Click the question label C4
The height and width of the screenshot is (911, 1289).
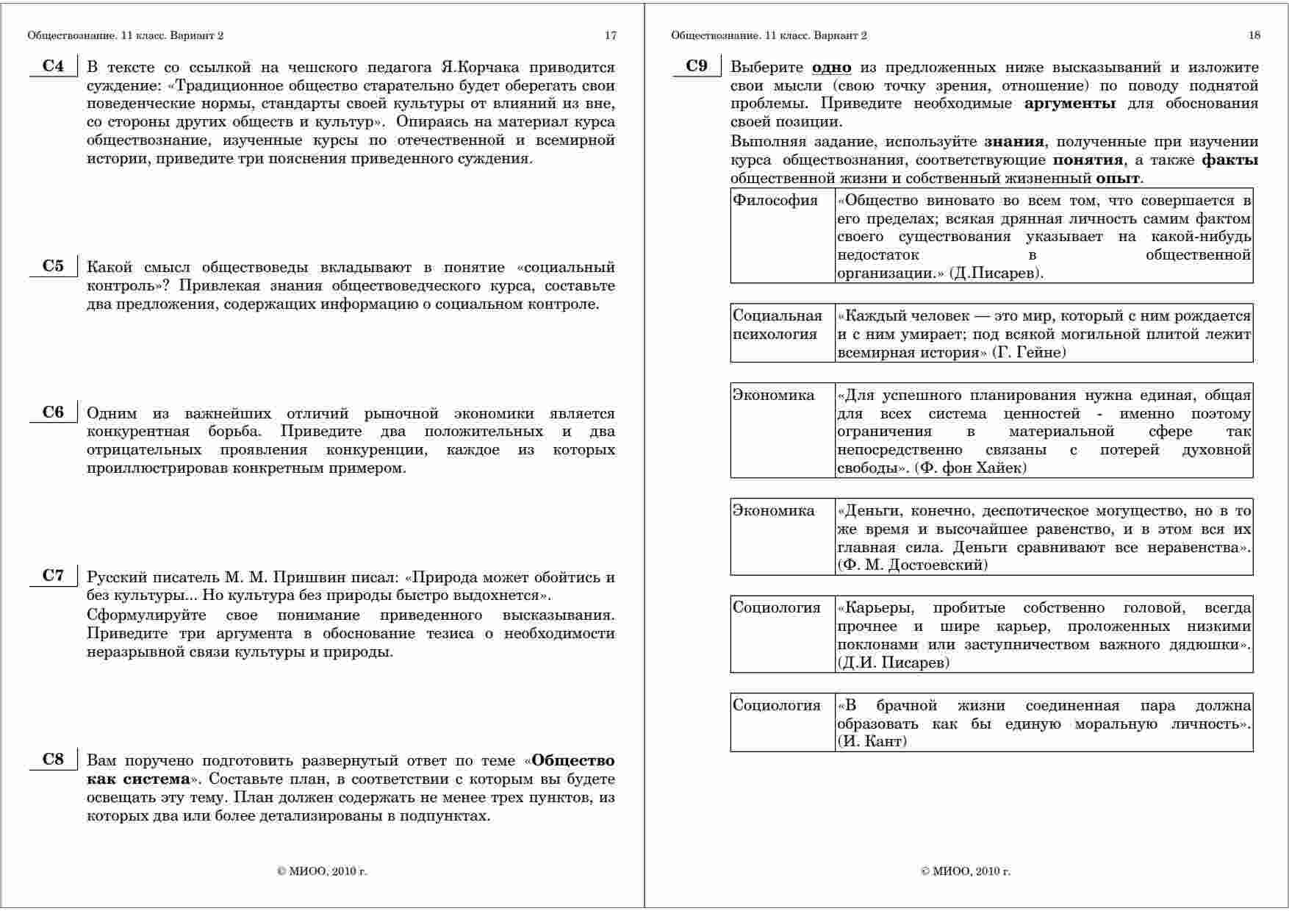pyautogui.click(x=53, y=66)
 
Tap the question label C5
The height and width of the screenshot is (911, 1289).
pyautogui.click(x=53, y=266)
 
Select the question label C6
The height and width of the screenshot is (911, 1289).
pyautogui.click(x=53, y=412)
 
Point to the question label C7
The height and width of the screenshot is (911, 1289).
pyautogui.click(x=53, y=576)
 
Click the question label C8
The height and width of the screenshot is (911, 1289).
pyautogui.click(x=53, y=760)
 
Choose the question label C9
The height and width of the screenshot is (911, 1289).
pyautogui.click(x=697, y=66)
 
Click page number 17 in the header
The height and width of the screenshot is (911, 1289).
pyautogui.click(x=610, y=35)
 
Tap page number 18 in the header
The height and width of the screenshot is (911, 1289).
pyautogui.click(x=1254, y=35)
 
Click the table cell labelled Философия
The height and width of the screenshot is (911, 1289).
pyautogui.click(x=775, y=201)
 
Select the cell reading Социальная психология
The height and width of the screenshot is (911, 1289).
pyautogui.click(x=777, y=325)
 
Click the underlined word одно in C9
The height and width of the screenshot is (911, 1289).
pyautogui.click(x=831, y=68)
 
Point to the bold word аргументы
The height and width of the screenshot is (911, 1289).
pyautogui.click(x=1069, y=104)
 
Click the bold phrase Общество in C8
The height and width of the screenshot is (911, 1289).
pyautogui.click(x=572, y=760)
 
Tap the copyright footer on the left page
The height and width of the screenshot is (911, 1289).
pyautogui.click(x=322, y=871)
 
